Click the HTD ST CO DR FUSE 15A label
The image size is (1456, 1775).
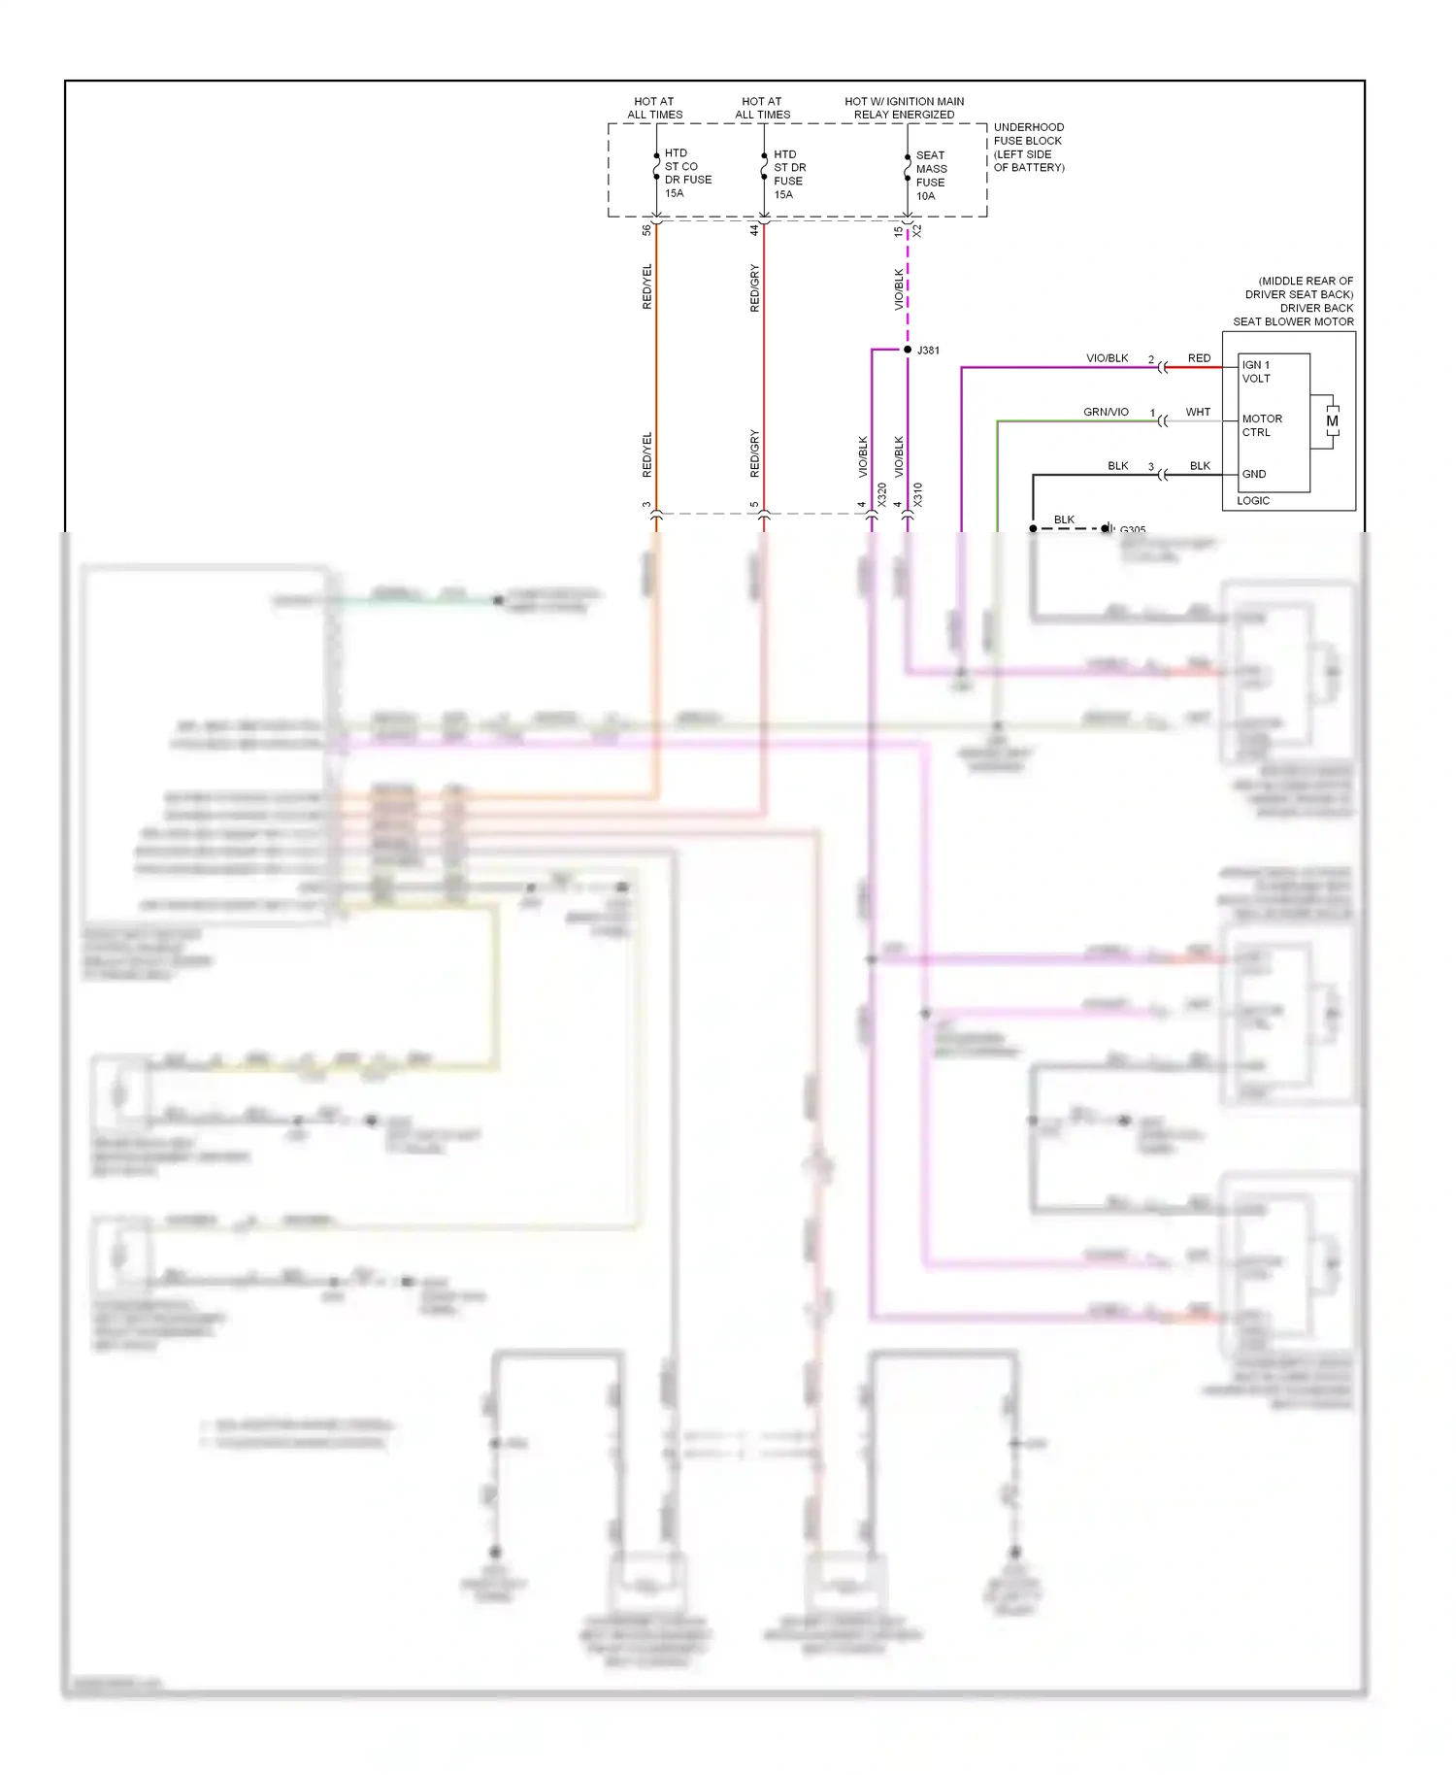(x=686, y=173)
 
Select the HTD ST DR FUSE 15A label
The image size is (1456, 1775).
(x=789, y=174)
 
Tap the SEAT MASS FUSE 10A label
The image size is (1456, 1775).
(x=931, y=176)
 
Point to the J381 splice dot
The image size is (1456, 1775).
(x=908, y=350)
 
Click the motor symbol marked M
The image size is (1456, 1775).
(x=1332, y=421)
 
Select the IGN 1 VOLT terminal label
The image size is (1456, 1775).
(x=1256, y=372)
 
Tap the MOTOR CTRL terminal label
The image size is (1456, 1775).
(x=1262, y=425)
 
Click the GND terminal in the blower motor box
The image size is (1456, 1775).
(x=1254, y=474)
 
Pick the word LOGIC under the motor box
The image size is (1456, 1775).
(x=1253, y=501)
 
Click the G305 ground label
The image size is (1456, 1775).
(x=1133, y=530)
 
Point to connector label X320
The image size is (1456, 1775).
(x=882, y=494)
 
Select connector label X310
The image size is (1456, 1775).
(x=918, y=494)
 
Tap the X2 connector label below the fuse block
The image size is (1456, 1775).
(x=917, y=231)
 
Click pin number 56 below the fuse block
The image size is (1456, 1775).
(x=646, y=230)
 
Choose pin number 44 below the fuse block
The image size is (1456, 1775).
(x=754, y=230)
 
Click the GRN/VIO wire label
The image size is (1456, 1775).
(x=1106, y=412)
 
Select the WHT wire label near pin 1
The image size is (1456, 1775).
(x=1198, y=412)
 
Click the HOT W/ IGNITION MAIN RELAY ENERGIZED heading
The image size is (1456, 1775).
(x=904, y=108)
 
